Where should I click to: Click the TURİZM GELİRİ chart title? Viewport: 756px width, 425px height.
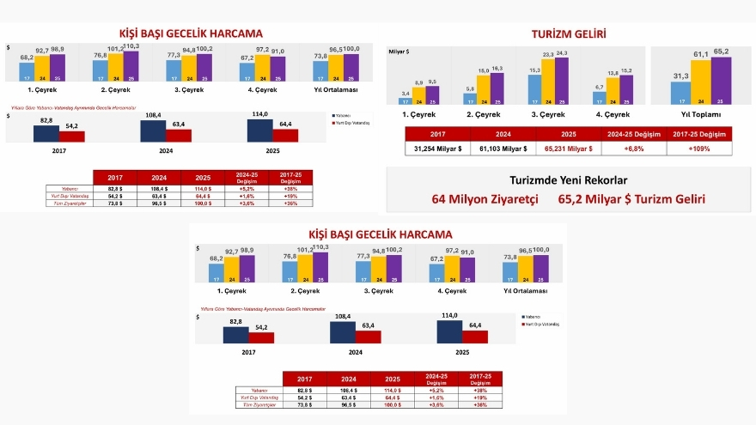click(x=569, y=33)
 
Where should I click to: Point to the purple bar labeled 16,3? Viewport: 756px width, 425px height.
click(x=496, y=88)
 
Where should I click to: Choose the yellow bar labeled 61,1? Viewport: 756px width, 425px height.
click(x=701, y=82)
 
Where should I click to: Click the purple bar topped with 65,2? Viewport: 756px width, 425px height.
click(x=721, y=80)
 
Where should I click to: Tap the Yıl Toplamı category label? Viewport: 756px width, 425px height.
click(x=699, y=114)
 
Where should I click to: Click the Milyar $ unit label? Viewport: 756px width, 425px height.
click(x=400, y=52)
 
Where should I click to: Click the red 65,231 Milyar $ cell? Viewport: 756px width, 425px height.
click(x=569, y=149)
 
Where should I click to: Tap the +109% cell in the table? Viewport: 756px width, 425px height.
click(x=699, y=149)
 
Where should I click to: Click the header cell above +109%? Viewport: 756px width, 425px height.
click(x=699, y=133)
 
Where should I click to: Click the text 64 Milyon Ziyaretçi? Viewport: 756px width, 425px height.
click(x=485, y=199)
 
